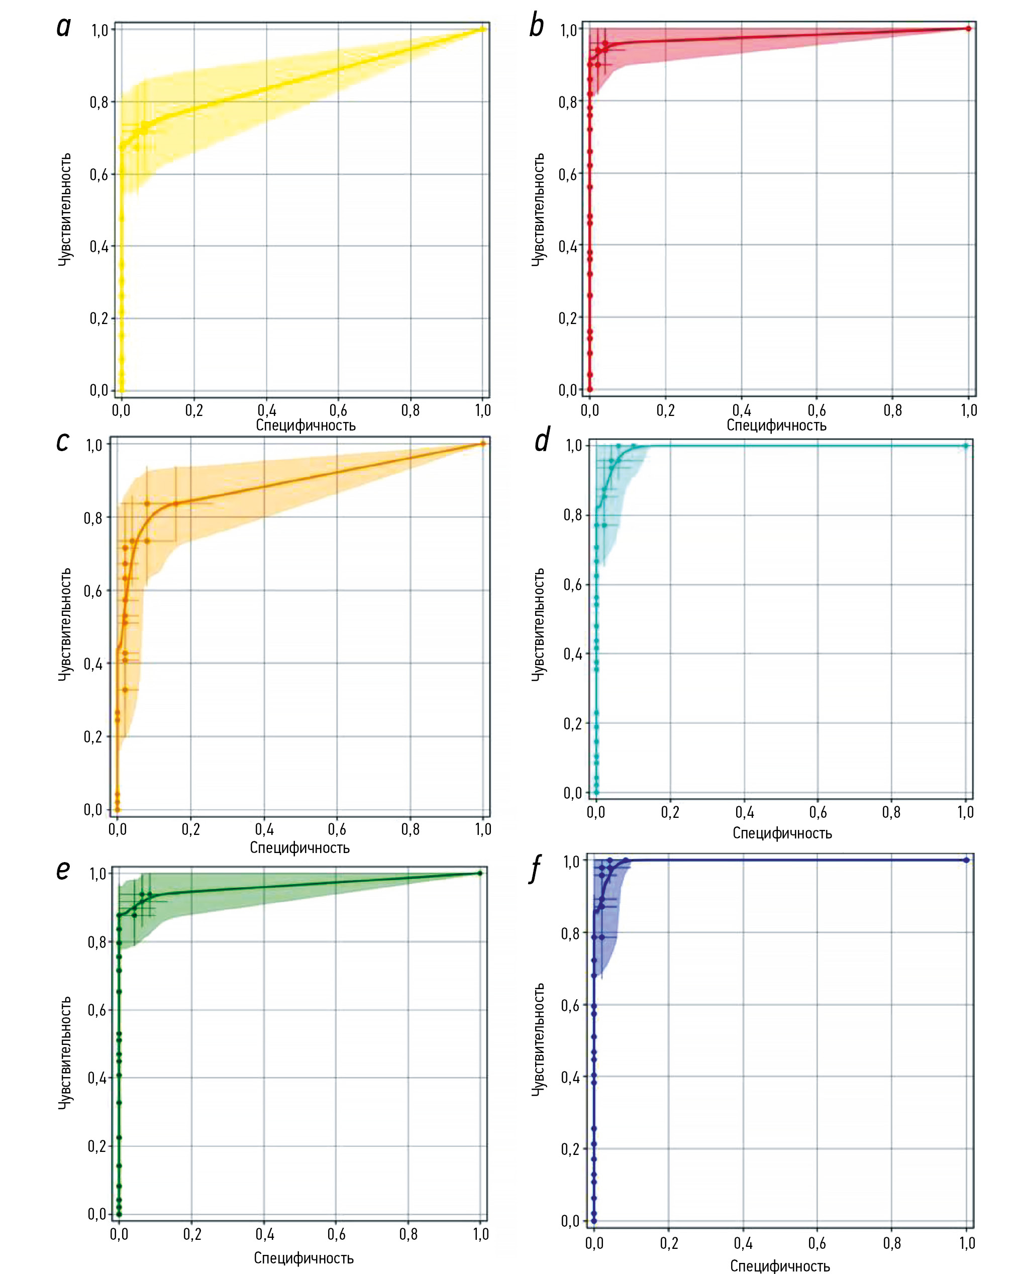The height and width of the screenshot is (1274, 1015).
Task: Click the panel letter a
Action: [63, 27]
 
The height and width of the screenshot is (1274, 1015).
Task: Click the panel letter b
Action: [536, 27]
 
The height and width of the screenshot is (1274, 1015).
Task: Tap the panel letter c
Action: [63, 442]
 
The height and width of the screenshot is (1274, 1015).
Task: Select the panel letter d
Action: [542, 440]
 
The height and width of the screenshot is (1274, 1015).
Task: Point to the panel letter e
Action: [63, 870]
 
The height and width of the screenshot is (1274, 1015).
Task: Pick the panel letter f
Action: [536, 869]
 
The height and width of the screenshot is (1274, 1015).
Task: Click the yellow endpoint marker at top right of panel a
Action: [483, 29]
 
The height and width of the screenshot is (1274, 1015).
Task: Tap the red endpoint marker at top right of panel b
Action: [968, 28]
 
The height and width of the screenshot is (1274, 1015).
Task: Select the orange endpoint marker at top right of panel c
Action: [483, 444]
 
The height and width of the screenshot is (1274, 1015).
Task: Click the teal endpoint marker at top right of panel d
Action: [966, 446]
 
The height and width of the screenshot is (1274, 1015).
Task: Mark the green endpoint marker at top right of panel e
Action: [480, 874]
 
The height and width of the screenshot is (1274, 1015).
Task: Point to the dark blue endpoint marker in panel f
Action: [967, 861]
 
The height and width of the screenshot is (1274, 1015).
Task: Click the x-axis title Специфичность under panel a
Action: [306, 426]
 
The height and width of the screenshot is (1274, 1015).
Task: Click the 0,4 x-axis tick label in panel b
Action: [741, 410]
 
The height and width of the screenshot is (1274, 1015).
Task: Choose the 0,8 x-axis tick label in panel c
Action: [410, 829]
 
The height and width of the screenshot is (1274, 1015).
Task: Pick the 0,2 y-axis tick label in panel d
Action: [573, 724]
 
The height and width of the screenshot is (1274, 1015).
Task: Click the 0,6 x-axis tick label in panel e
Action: [336, 1234]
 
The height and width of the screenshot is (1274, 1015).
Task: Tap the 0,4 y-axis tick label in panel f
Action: [570, 1077]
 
